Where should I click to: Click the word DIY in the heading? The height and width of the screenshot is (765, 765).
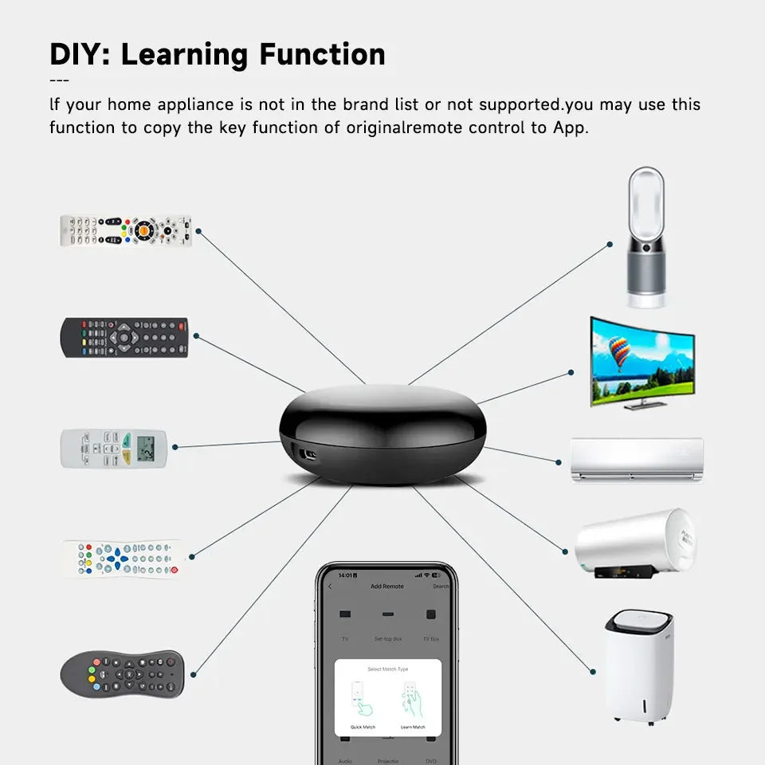click(78, 54)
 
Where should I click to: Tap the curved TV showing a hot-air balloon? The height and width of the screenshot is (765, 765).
click(642, 363)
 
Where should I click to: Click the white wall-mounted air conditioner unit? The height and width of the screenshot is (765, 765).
click(637, 460)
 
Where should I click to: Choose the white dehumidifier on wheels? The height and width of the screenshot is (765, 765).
click(639, 665)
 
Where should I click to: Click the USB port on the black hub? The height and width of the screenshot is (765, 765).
click(305, 454)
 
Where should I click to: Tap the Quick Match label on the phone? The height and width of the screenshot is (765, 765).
click(363, 727)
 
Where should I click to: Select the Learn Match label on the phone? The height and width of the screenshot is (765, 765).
click(412, 727)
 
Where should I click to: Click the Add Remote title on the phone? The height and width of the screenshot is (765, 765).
click(387, 586)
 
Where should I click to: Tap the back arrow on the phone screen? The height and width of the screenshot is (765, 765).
click(331, 586)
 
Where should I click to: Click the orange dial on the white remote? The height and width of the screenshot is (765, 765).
click(144, 229)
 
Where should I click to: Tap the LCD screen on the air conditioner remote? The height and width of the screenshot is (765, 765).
click(145, 449)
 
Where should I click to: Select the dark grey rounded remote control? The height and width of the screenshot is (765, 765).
click(122, 673)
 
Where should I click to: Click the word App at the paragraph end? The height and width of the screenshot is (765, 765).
click(570, 127)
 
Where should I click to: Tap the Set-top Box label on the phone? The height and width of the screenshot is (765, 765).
click(387, 639)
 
